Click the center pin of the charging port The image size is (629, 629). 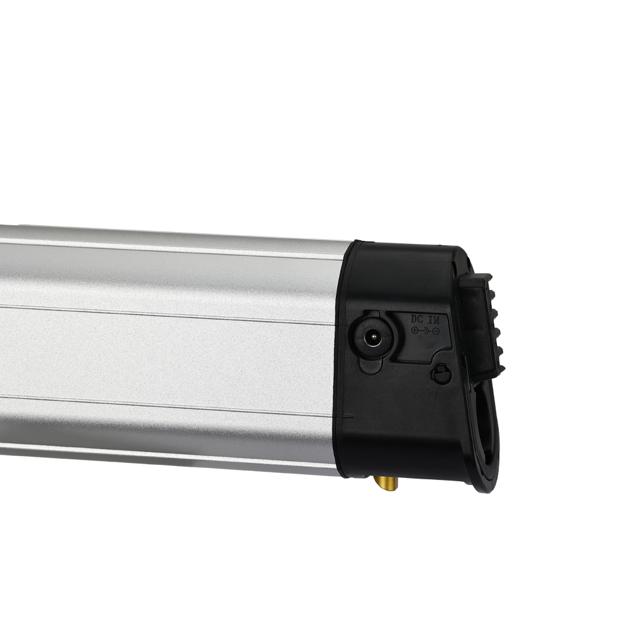click(372, 336)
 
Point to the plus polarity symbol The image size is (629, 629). click(415, 331)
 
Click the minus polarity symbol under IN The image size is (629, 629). click(436, 331)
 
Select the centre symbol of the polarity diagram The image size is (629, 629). click(426, 331)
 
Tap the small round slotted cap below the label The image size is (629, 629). click(440, 374)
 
